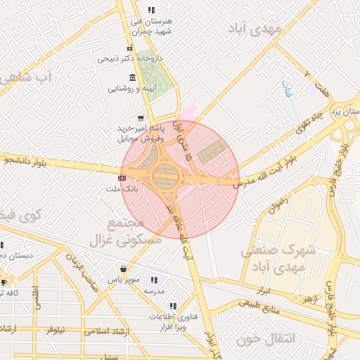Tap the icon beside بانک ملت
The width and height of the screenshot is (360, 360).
(122, 178)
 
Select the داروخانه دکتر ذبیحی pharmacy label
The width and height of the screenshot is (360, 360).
(131, 58)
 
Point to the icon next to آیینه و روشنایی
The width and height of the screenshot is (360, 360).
(132, 77)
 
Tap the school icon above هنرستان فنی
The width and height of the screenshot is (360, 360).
(150, 10)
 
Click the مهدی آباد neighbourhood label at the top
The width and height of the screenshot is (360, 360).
(255, 29)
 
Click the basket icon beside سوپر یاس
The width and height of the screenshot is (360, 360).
(124, 268)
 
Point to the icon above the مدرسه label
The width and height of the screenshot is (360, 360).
(154, 280)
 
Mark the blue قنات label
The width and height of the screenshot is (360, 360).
(285, 88)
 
